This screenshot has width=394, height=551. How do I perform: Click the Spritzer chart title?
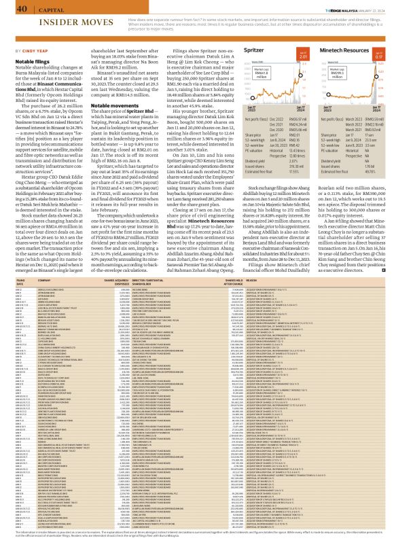258,50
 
